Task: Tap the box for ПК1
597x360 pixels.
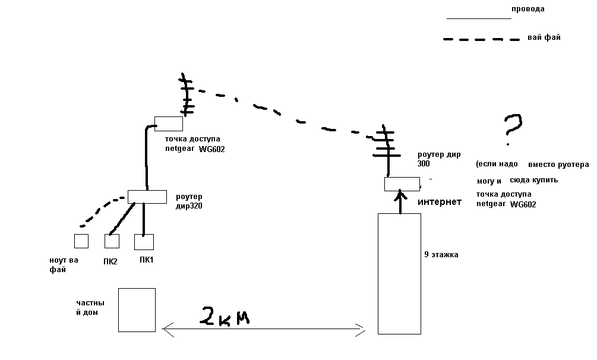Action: click(144, 242)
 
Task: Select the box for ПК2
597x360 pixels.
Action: click(112, 241)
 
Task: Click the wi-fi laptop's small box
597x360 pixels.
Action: click(81, 241)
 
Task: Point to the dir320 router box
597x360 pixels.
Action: click(147, 197)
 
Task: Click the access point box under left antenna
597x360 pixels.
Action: click(168, 124)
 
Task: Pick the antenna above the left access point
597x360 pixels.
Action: click(187, 95)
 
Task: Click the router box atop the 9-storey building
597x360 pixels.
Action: click(402, 184)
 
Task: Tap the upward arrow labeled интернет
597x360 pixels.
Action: click(402, 202)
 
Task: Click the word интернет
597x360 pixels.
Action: click(440, 203)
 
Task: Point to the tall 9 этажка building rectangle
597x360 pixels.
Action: click(399, 273)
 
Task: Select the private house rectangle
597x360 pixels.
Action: click(137, 310)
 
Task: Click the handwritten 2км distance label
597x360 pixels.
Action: click(225, 317)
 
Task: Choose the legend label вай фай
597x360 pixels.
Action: click(544, 37)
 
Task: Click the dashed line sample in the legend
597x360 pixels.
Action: click(481, 40)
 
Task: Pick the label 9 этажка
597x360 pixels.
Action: click(441, 255)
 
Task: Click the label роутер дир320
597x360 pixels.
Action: click(189, 201)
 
